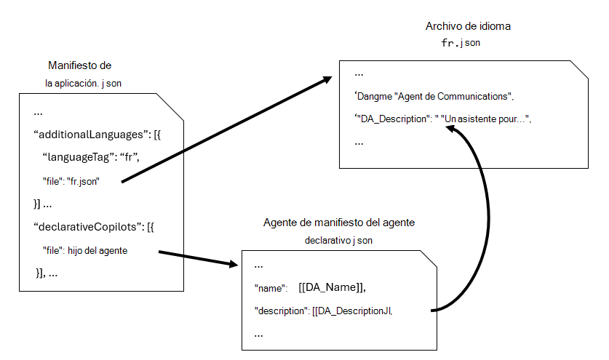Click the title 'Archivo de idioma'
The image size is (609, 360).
(467, 26)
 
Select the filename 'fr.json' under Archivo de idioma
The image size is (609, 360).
(460, 43)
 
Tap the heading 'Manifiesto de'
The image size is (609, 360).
(79, 65)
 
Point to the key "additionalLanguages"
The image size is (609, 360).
(90, 135)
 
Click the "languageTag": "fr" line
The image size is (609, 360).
(90, 157)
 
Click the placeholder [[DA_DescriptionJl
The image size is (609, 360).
(352, 311)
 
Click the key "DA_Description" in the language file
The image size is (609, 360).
(393, 119)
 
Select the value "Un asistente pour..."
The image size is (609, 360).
(485, 119)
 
